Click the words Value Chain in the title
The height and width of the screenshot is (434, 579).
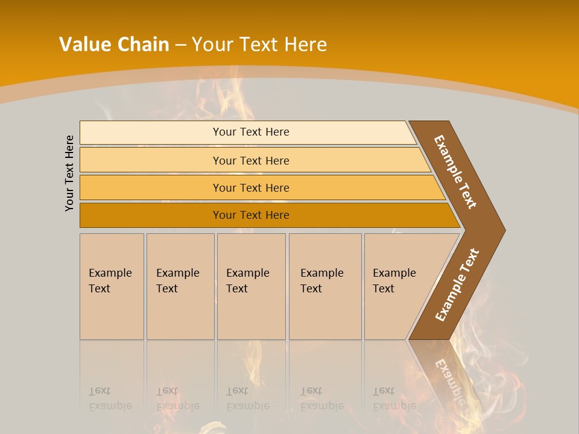[x=114, y=44]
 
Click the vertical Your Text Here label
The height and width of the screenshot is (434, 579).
[x=69, y=173]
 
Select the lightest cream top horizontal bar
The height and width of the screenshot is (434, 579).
[x=151, y=132]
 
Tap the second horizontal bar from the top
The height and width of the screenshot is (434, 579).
[x=151, y=160]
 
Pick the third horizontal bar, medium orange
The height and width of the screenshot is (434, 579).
[x=151, y=187]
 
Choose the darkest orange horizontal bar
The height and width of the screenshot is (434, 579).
[x=151, y=215]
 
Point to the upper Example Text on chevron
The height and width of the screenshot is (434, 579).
[x=455, y=172]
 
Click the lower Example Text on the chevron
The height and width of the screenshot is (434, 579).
[x=457, y=285]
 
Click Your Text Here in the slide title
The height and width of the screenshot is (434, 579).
[x=259, y=44]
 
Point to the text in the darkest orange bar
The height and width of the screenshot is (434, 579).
[x=251, y=215]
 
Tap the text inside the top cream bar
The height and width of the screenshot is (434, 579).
[x=251, y=132]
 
